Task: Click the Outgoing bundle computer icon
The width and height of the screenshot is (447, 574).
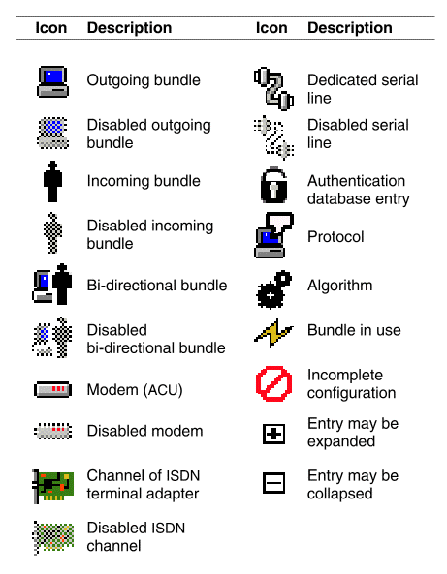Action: pos(52,81)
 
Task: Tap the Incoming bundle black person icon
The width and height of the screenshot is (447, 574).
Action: pos(52,182)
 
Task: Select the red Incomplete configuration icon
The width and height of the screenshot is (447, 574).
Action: pos(273,383)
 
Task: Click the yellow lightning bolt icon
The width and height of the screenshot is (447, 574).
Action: pos(273,333)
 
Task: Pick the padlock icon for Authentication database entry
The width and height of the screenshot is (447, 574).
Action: pos(273,185)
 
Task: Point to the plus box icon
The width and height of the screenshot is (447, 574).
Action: pos(273,435)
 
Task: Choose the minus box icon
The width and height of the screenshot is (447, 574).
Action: pos(273,482)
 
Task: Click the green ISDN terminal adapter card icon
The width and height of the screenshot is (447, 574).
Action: pos(53,486)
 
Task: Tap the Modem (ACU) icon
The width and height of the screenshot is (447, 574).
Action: pos(52,389)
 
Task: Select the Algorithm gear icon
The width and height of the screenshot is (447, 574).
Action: pos(273,289)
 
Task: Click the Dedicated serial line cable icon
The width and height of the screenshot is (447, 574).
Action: pos(273,88)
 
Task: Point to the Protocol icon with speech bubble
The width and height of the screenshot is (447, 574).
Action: pos(273,235)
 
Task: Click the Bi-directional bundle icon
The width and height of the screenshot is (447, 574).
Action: pos(52,284)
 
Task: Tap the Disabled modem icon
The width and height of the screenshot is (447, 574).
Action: pos(52,431)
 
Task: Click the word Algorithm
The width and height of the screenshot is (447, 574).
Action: pos(340,286)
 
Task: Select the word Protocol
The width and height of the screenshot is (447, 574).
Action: pos(335,237)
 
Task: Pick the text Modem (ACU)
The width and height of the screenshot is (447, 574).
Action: pos(135,390)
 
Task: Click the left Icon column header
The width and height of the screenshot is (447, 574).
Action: pos(51,28)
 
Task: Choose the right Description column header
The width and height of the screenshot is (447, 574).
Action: pos(350,28)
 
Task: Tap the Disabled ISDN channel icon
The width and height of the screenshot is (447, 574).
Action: pos(53,537)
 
